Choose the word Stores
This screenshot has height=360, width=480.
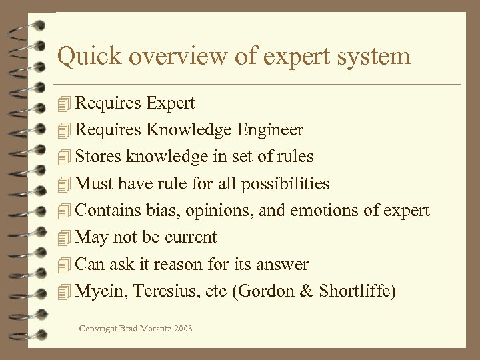click(x=99, y=157)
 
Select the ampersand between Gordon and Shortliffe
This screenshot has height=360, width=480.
click(x=307, y=291)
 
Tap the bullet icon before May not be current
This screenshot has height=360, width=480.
click(x=64, y=238)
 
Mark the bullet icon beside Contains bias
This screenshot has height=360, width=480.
click(x=64, y=211)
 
